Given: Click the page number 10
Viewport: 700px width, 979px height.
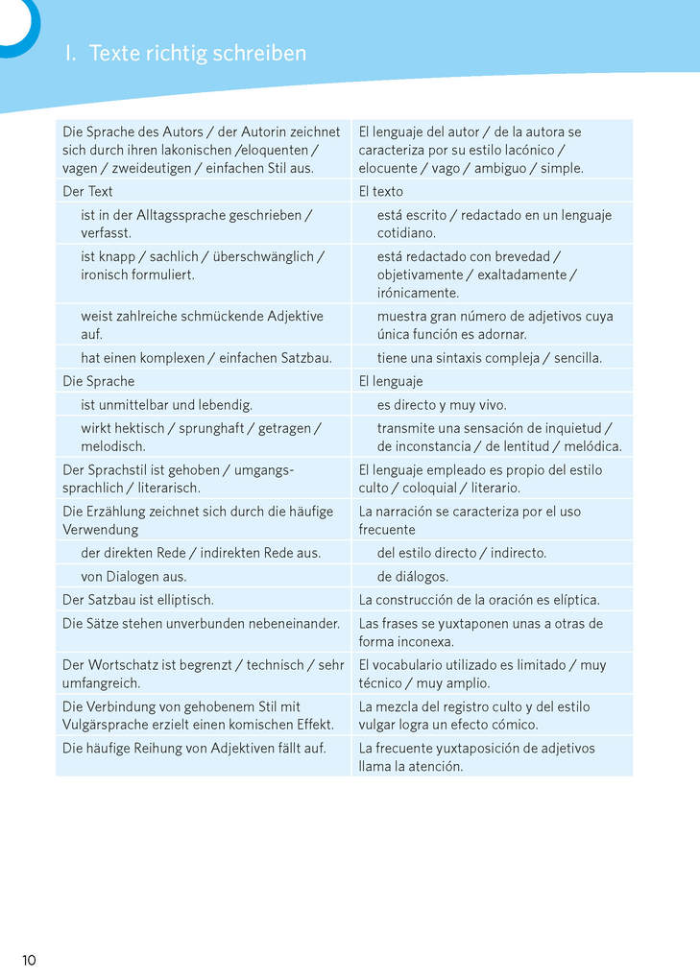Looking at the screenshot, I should point(29,960).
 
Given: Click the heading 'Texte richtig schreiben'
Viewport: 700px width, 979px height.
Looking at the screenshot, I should point(197,54).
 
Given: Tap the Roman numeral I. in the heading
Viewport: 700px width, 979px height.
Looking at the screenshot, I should point(70,54).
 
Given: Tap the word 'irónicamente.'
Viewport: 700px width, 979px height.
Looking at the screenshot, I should point(418,293).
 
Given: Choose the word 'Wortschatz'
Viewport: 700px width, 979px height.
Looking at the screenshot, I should point(121,665).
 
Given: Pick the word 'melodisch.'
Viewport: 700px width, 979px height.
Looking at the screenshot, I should point(113,446).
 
